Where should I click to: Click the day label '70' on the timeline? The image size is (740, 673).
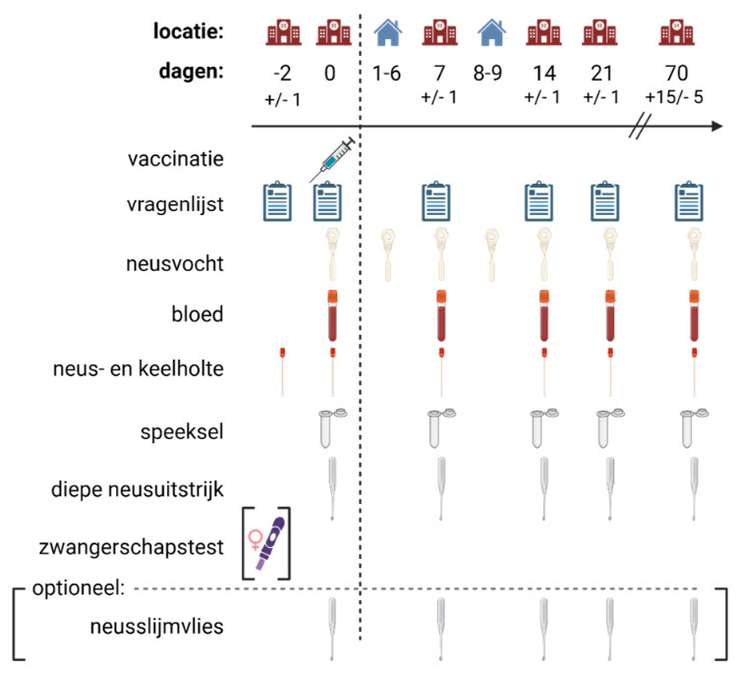[x=675, y=74]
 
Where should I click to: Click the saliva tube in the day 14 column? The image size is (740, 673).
[x=540, y=425]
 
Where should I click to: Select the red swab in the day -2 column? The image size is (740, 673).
[x=282, y=369]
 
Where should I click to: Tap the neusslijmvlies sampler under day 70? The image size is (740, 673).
[x=693, y=628]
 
